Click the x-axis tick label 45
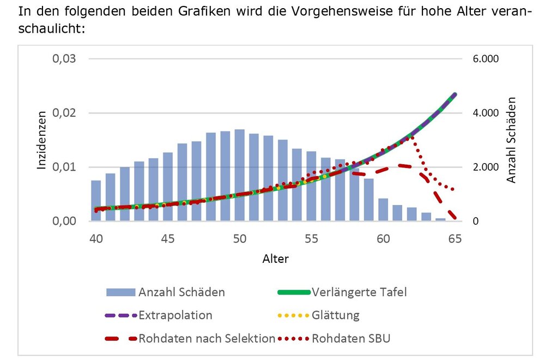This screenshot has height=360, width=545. [168, 238]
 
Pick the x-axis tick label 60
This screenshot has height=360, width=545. [383, 238]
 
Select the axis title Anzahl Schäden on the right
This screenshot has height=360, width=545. [511, 140]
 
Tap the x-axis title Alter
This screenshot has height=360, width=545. [275, 259]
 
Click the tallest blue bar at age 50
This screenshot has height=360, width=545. [239, 175]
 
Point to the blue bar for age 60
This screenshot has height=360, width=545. [383, 209]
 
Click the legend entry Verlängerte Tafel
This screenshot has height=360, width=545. [359, 292]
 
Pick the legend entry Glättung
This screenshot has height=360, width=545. [336, 315]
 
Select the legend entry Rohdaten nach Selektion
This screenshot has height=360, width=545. [207, 339]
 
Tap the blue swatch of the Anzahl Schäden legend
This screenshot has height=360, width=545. [121, 292]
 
